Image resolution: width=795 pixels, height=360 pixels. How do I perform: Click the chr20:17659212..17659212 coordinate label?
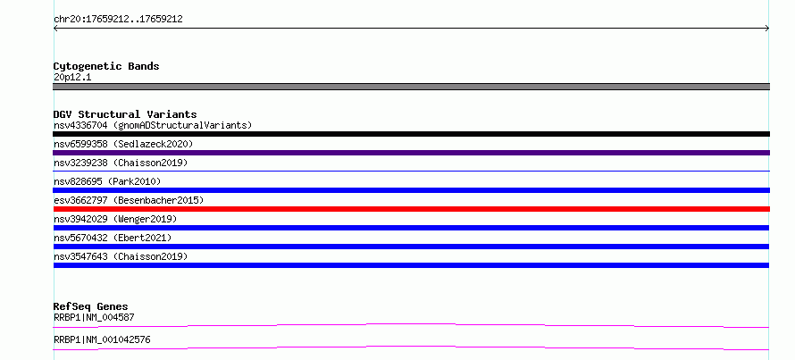click(118, 20)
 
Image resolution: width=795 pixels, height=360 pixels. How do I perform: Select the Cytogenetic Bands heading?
click(106, 66)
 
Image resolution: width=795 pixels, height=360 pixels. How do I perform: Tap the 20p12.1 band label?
click(72, 78)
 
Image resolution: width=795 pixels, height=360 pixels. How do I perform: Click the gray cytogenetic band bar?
click(411, 87)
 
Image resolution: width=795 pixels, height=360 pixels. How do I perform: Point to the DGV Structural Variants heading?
click(125, 114)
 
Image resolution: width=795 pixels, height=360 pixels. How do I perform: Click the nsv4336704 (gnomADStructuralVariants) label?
click(153, 125)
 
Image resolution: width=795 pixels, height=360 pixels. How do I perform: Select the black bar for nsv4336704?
click(411, 134)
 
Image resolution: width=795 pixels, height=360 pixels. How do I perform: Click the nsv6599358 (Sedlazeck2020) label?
click(123, 144)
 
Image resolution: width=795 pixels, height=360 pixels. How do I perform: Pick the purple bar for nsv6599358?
click(411, 153)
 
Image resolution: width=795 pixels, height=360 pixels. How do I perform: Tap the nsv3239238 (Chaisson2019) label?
click(121, 163)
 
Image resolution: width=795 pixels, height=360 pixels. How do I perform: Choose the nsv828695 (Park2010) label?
click(107, 181)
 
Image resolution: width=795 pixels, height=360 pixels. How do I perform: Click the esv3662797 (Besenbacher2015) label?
click(129, 200)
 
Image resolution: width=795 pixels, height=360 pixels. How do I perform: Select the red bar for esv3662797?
click(411, 209)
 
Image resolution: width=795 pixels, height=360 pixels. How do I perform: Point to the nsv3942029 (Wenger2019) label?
click(115, 219)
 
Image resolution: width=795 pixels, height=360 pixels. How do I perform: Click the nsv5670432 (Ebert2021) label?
click(113, 238)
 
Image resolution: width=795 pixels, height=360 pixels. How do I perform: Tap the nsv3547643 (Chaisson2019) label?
click(121, 256)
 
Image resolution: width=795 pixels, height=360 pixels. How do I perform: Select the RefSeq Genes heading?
click(91, 306)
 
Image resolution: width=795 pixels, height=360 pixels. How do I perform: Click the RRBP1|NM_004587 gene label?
click(94, 317)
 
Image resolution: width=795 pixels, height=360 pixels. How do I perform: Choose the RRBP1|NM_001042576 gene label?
click(102, 339)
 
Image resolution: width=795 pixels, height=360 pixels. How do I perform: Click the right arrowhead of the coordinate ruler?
click(768, 29)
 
